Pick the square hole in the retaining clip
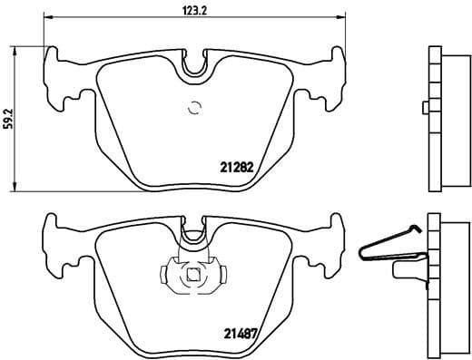point(193,277)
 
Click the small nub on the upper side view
point(425,109)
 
